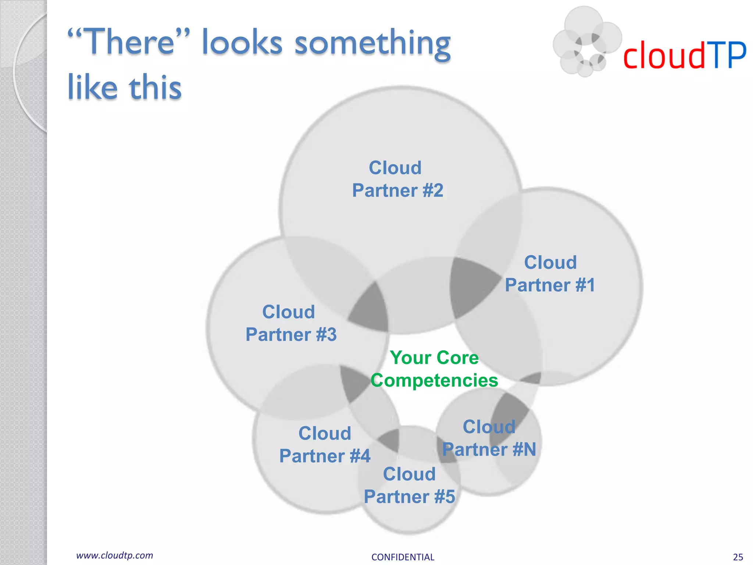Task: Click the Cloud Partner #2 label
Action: click(x=397, y=180)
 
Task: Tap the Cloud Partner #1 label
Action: click(x=550, y=274)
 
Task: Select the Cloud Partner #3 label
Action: click(x=290, y=323)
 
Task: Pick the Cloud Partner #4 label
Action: click(x=325, y=445)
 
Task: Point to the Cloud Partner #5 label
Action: click(x=409, y=486)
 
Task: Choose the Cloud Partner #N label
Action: click(x=489, y=438)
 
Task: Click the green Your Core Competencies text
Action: click(x=434, y=369)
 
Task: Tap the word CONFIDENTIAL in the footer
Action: click(x=403, y=557)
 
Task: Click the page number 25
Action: click(x=738, y=557)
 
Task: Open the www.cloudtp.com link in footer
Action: click(x=114, y=555)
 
